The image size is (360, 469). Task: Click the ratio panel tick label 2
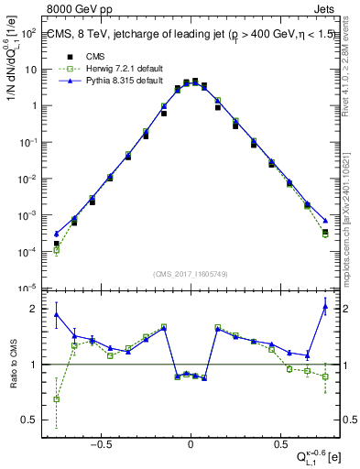(33, 309)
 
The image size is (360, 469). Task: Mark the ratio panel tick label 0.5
(29, 420)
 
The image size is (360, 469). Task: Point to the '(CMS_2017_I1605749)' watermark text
(190, 274)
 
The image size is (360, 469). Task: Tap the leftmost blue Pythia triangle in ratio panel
(57, 314)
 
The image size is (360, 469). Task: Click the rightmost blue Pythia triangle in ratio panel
(325, 307)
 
